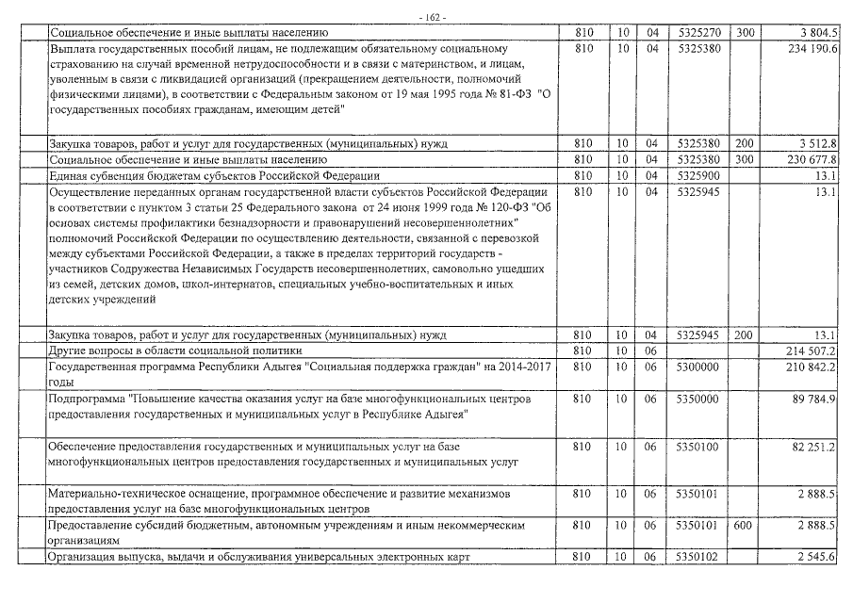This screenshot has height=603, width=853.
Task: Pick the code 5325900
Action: tap(697, 176)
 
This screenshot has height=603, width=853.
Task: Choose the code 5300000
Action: tap(697, 367)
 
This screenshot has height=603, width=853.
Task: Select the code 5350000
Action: tap(697, 399)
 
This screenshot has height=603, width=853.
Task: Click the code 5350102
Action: tap(697, 557)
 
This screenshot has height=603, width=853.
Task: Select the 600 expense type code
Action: tap(745, 525)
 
